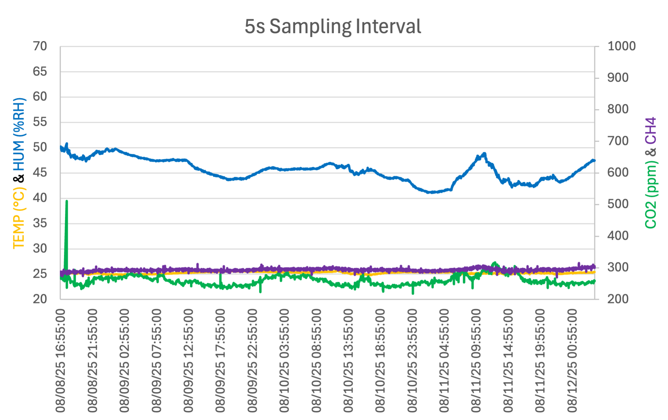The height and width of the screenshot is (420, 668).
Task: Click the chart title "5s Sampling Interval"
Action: click(333, 26)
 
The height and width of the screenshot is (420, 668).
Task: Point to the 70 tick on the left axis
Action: click(40, 46)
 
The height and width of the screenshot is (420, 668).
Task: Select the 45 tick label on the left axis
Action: click(40, 172)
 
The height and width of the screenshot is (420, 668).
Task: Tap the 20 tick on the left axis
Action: click(40, 299)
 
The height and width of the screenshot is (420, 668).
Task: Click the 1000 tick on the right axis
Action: click(621, 46)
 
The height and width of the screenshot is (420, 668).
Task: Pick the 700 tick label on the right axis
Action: click(618, 141)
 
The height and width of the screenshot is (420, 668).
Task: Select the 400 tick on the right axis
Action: click(618, 236)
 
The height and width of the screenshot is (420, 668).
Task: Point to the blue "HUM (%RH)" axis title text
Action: click(19, 134)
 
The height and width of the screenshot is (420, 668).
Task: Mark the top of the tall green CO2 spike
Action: click(67, 201)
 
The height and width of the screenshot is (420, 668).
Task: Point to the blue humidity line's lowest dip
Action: click(431, 192)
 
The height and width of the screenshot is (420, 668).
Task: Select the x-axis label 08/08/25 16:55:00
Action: click(60, 361)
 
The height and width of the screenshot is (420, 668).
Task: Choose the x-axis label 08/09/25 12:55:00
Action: click(188, 361)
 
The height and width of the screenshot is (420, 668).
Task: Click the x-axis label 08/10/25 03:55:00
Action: click(284, 361)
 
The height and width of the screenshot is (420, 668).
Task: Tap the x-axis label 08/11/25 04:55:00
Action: click(444, 361)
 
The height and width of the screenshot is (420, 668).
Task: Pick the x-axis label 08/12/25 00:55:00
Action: click(572, 361)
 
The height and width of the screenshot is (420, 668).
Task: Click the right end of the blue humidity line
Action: click(594, 160)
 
